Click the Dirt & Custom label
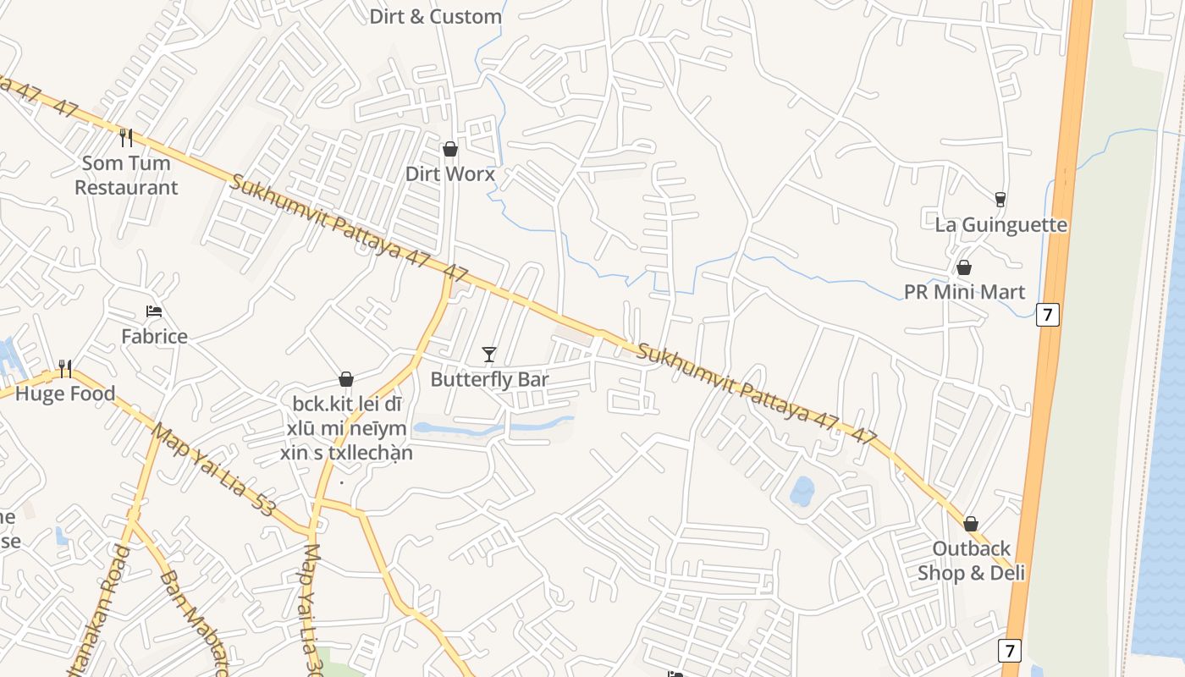[435, 16]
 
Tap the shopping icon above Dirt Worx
[450, 149]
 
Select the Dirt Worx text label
[449, 173]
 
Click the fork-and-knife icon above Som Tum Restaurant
[126, 137]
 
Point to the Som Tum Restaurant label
[126, 175]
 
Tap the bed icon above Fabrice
[154, 311]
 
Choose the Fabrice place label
[154, 336]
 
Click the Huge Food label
[65, 394]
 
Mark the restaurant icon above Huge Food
[65, 369]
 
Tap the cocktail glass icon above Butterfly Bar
[489, 354]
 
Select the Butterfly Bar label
[489, 379]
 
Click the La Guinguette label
[1000, 225]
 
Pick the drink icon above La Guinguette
[1000, 200]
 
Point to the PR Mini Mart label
[964, 292]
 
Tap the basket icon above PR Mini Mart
[964, 267]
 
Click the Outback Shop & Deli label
[971, 560]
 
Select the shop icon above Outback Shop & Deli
[971, 524]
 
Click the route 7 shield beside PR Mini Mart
[1047, 315]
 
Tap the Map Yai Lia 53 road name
[213, 470]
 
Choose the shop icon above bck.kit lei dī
[346, 379]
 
